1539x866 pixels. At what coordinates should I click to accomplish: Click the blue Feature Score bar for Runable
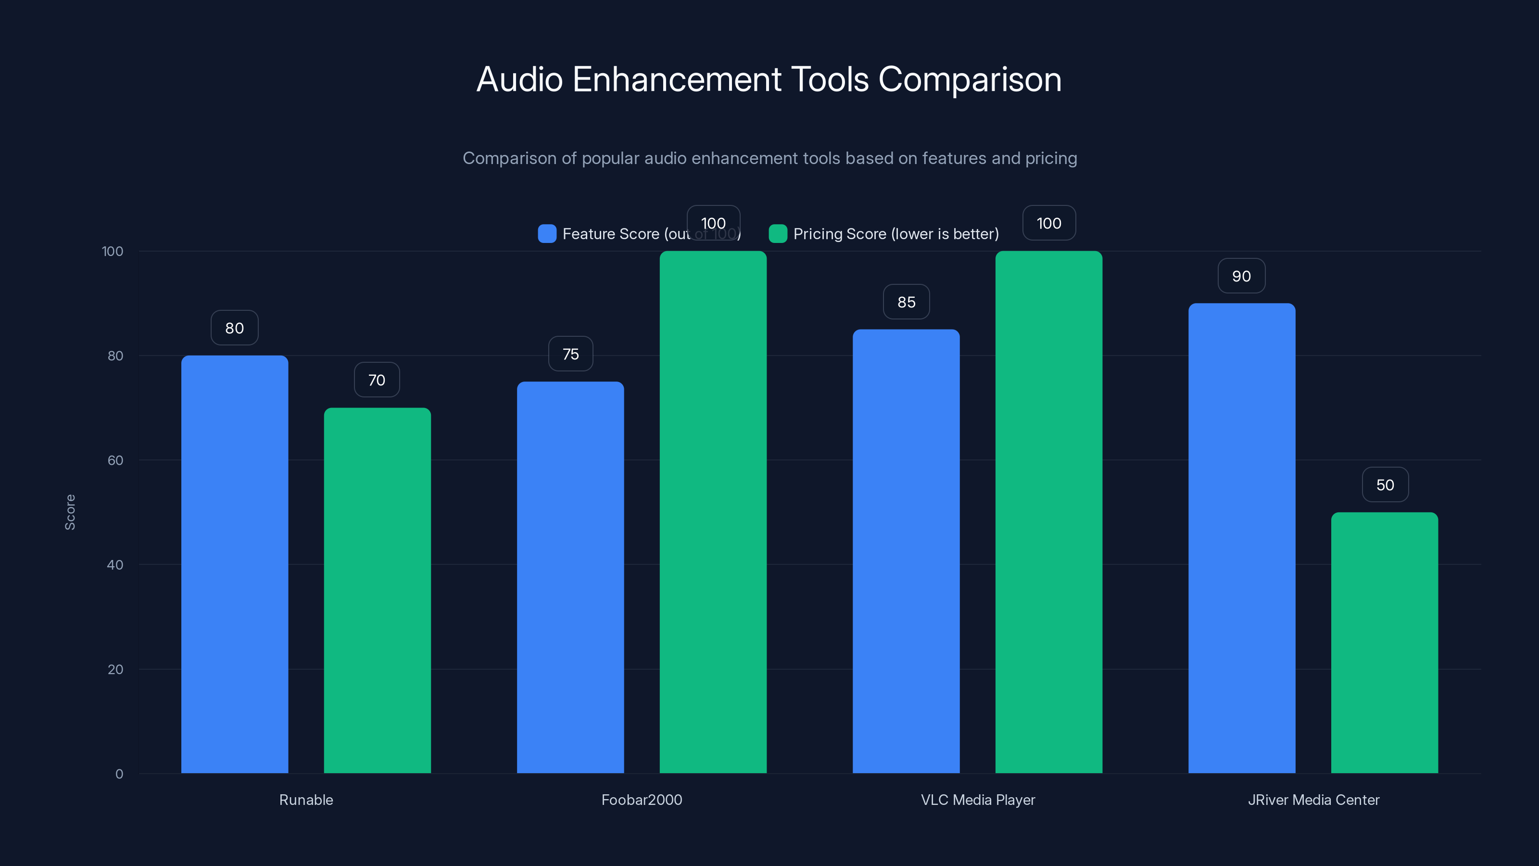click(234, 564)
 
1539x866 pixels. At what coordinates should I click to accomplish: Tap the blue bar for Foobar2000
click(570, 577)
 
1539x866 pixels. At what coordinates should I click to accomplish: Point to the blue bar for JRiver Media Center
click(1241, 538)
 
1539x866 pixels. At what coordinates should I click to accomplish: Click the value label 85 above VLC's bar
click(906, 303)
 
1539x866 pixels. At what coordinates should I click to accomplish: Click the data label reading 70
click(377, 380)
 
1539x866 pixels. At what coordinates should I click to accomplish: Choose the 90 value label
click(1241, 276)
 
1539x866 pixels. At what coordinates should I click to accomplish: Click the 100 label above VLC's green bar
click(1048, 224)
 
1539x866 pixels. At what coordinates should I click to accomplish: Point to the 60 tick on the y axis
click(115, 460)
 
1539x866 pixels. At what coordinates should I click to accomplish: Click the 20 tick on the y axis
click(115, 669)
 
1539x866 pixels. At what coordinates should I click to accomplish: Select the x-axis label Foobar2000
click(642, 800)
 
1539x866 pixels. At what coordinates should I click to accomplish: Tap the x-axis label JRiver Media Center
click(1313, 800)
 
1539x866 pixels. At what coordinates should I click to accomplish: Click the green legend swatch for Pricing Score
click(777, 234)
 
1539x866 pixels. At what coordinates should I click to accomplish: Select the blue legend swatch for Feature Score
click(547, 234)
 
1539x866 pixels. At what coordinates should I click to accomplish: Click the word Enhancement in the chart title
click(676, 79)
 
